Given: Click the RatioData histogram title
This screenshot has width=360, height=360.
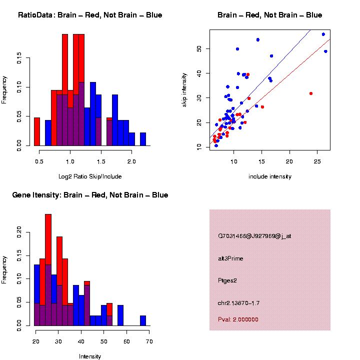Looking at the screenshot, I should click(x=90, y=15).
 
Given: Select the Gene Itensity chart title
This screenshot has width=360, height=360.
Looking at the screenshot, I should click(x=90, y=195).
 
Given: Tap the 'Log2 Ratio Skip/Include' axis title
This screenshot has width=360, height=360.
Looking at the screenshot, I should click(x=90, y=176).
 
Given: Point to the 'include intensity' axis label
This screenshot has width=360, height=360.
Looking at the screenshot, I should click(x=270, y=176).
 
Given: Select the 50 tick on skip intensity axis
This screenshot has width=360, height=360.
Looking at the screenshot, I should click(x=199, y=49).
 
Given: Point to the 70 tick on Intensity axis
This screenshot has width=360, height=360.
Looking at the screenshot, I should click(x=149, y=341).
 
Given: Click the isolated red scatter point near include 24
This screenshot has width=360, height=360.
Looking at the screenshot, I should click(x=311, y=93).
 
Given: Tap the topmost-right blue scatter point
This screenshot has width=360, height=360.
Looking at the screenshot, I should click(x=323, y=34).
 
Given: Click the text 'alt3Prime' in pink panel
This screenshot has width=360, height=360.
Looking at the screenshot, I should click(x=230, y=258).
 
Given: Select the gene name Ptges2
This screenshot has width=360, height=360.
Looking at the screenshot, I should click(x=227, y=280).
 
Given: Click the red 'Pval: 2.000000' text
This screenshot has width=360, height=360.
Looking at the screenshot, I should click(x=238, y=319).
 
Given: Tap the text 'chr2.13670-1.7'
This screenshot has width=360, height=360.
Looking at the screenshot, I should click(x=238, y=303).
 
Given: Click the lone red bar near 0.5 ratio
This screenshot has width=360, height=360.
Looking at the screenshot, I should click(x=36, y=133).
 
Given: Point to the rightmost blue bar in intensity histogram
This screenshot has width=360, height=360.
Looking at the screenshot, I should click(x=143, y=320).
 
